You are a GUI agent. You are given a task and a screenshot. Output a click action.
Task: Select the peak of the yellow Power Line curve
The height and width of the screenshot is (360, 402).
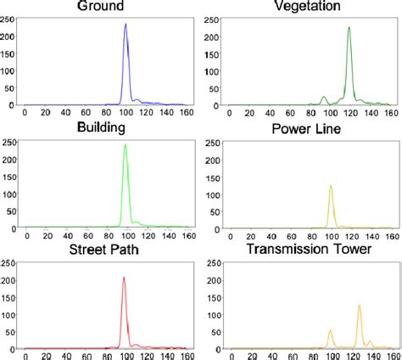[x=330, y=186]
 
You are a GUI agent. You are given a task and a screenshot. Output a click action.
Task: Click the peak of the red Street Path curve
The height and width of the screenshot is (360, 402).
[x=124, y=278]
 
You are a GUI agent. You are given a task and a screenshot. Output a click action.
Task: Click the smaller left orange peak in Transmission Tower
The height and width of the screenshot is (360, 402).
[x=330, y=331]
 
